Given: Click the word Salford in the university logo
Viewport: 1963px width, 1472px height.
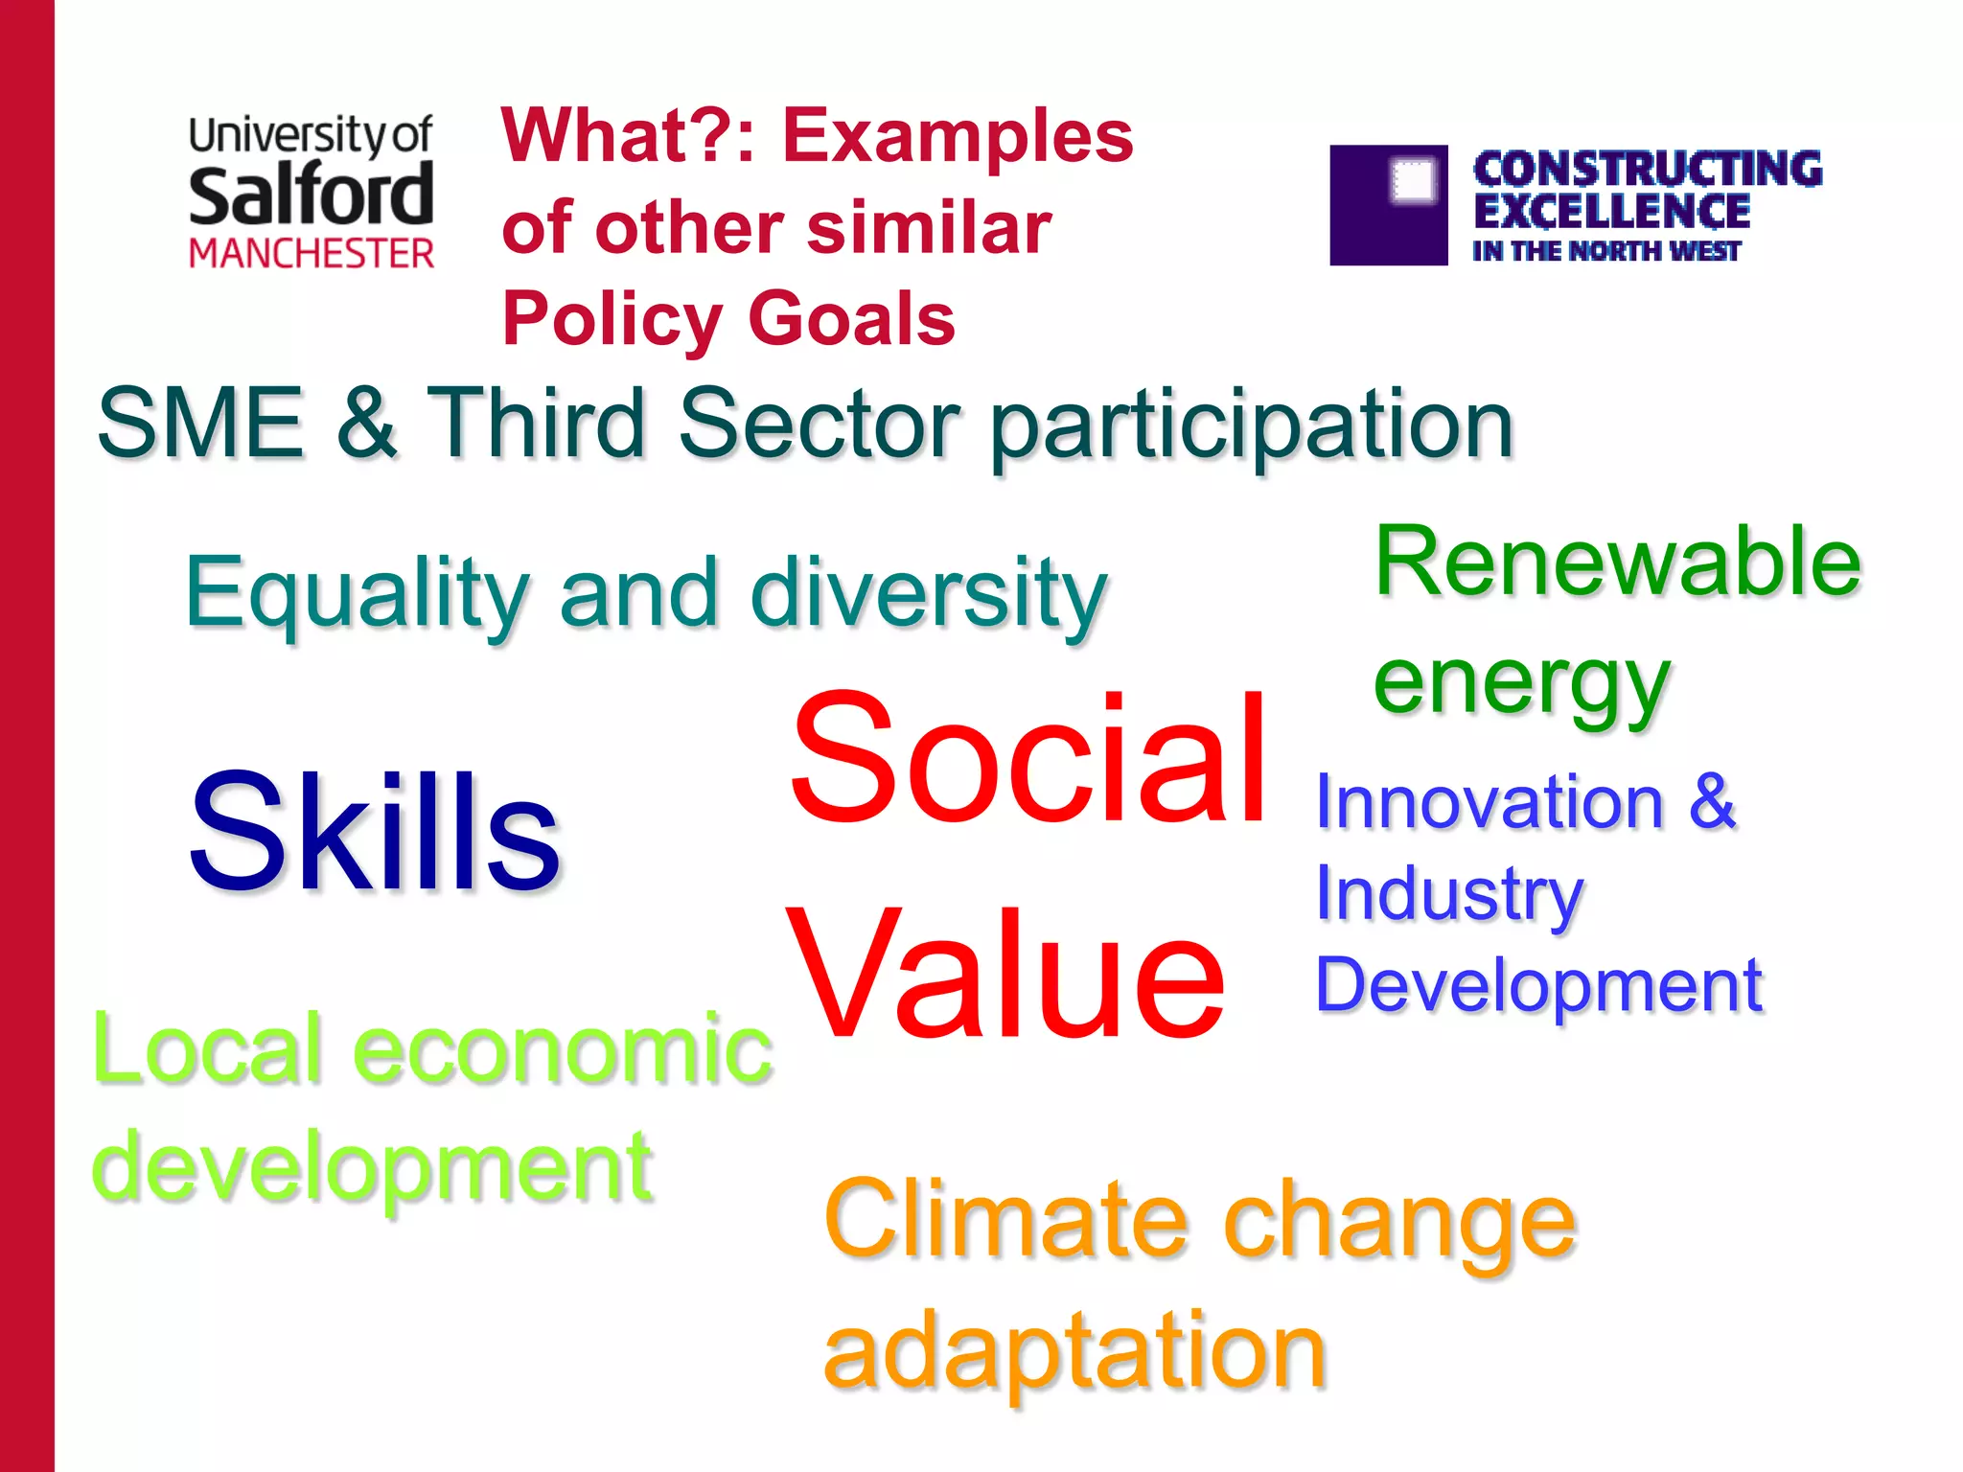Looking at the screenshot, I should coord(311,195).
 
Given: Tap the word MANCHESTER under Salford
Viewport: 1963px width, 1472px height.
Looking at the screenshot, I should coord(311,254).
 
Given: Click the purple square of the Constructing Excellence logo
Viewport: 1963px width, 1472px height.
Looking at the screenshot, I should coord(1388,205).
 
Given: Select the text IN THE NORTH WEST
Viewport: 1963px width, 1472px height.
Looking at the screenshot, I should coord(1605,251).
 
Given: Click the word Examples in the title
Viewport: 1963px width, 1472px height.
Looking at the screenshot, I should coord(958,136).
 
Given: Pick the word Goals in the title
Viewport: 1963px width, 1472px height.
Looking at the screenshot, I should coord(851,319).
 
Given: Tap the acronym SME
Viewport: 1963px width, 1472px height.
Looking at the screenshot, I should coord(200,424).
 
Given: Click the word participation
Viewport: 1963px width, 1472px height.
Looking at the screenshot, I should coord(1251,426).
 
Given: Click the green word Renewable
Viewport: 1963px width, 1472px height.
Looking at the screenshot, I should coord(1618,563).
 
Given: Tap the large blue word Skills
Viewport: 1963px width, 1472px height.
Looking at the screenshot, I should coord(375,833).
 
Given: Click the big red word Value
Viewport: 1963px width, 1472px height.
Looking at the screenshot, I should coord(1005,976).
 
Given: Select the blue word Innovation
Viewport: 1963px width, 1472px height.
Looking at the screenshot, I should coord(1489,802).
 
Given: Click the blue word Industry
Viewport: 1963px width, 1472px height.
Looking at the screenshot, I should coord(1448,894).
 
